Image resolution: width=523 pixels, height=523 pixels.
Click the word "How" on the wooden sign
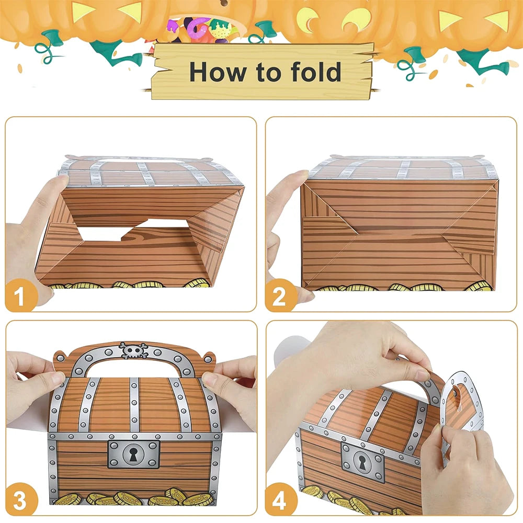click(217, 71)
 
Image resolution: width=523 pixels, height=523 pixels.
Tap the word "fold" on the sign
click(316, 71)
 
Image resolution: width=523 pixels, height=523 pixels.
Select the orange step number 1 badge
click(20, 295)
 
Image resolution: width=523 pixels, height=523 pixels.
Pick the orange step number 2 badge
click(279, 295)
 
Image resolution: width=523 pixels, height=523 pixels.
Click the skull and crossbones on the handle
click(134, 350)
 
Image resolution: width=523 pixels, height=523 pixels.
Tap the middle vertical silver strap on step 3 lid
click(134, 405)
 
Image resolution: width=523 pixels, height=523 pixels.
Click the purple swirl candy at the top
click(198, 27)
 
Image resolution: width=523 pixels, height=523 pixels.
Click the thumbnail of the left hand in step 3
click(56, 378)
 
